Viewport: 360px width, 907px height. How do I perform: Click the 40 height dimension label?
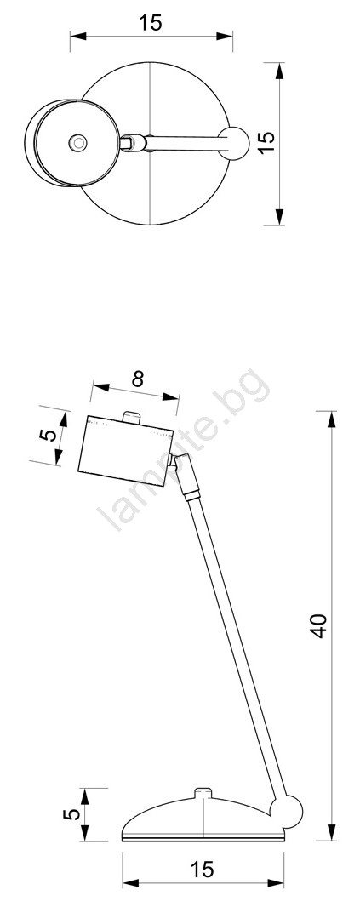click(319, 625)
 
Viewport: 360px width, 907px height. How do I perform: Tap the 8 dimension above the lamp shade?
click(137, 379)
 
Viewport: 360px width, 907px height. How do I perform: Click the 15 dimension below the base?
click(203, 869)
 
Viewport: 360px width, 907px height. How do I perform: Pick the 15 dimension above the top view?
click(151, 23)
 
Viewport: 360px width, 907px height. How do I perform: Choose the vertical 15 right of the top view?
click(266, 142)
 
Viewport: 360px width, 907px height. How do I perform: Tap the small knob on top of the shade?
click(132, 418)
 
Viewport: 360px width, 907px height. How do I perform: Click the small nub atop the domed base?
click(203, 792)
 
